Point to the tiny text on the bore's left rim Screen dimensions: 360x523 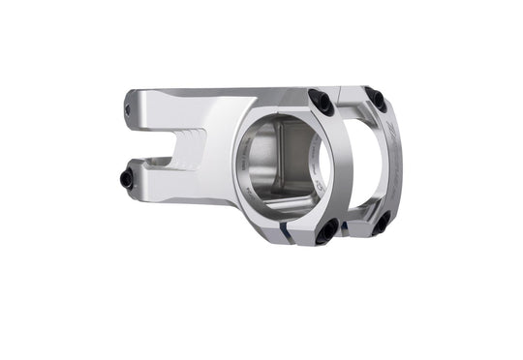(241, 155)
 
